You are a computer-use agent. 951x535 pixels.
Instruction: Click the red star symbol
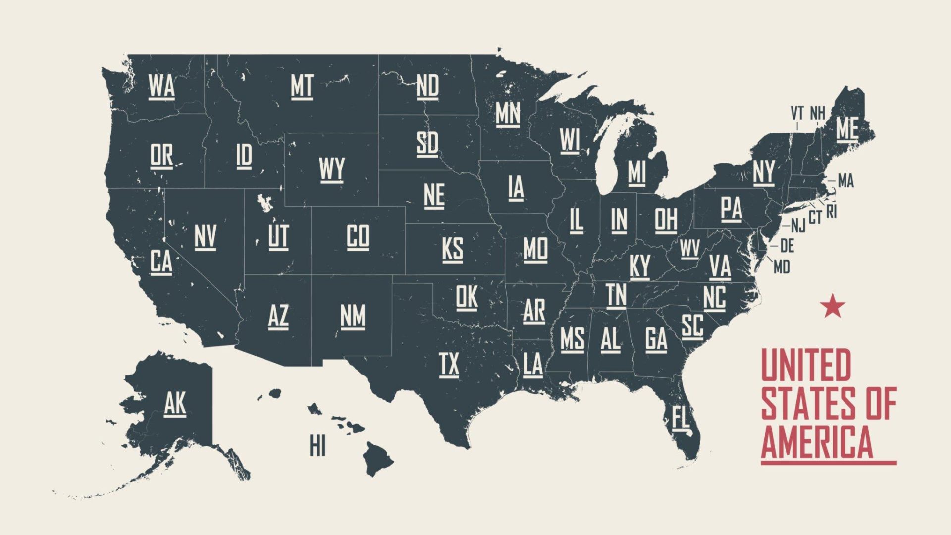coord(832,306)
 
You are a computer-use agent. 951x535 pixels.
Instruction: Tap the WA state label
coord(161,86)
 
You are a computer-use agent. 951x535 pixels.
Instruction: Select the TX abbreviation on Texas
coord(449,365)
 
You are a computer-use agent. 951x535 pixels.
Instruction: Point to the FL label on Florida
coord(681,417)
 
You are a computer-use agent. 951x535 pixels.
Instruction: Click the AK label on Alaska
coord(175,403)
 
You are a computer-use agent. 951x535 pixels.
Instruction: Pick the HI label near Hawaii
coord(317,445)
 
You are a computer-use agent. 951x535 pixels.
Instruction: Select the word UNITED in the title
coord(806,365)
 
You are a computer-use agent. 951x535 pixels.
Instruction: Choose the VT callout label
coord(797,113)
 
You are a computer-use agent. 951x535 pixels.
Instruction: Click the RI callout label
coord(832,212)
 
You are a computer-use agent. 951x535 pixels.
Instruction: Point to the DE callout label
coord(787,245)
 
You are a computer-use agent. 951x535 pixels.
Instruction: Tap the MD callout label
coord(782,267)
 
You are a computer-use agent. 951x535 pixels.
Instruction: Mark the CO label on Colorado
coord(358,236)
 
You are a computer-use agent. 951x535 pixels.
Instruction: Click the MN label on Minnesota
coord(508,113)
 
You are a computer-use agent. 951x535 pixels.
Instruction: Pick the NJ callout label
coord(798,226)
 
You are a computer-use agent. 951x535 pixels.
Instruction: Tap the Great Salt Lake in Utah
coord(264,202)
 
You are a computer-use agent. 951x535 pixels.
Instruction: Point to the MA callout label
coord(846,181)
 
